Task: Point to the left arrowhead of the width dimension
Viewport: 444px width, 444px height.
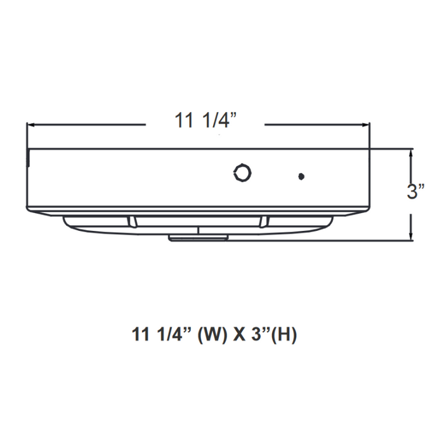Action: (29, 125)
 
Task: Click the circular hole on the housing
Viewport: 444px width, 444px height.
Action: (242, 172)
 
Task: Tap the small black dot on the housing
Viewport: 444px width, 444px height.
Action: (301, 176)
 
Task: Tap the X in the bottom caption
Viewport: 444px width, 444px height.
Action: (239, 334)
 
